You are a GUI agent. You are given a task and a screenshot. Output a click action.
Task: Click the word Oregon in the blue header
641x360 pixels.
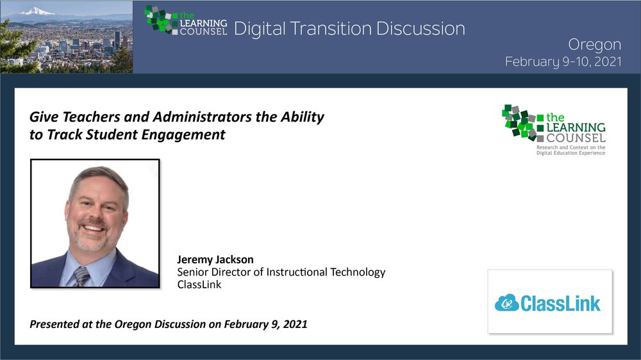(x=594, y=45)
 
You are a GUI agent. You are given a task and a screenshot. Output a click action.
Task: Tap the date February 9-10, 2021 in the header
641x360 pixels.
(x=563, y=61)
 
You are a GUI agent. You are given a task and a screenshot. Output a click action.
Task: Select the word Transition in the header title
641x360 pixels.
(x=331, y=29)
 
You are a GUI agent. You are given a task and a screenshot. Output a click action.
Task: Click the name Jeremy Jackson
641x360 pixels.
(x=215, y=259)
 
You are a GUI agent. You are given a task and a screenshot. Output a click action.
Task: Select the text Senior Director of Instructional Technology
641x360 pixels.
(x=281, y=272)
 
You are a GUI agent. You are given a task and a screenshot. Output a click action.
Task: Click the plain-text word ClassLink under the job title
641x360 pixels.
(x=199, y=284)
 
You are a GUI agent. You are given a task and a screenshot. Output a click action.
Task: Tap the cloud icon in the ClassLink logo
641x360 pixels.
(x=507, y=303)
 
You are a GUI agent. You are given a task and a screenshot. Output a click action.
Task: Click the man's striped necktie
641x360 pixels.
(x=82, y=277)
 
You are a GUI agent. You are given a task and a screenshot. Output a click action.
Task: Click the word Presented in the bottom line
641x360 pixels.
(x=54, y=324)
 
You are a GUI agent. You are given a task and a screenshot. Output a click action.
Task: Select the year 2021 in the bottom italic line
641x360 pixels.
(x=295, y=324)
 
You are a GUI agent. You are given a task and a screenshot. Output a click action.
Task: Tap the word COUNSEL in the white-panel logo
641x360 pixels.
(x=576, y=138)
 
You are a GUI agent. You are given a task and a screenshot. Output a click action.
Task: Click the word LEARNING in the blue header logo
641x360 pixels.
(x=203, y=24)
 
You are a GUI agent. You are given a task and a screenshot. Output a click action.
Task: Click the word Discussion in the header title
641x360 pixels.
(x=420, y=29)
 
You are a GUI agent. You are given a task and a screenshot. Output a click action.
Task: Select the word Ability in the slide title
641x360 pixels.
(x=302, y=117)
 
